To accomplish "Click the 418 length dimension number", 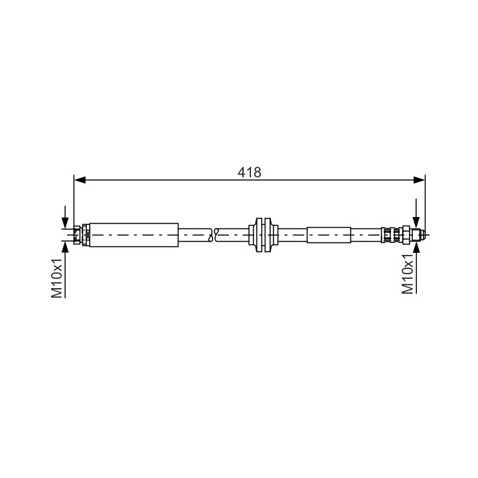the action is click(250, 172).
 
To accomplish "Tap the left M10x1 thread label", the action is click(56, 278).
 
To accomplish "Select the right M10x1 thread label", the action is click(408, 274).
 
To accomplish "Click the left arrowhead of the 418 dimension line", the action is click(80, 180).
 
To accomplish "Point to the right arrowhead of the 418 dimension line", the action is click(419, 180).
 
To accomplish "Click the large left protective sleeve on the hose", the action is click(134, 235).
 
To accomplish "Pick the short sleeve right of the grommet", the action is click(329, 235).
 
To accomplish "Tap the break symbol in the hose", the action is click(213, 235).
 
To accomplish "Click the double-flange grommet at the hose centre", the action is click(263, 235).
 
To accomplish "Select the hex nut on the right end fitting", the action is click(406, 235).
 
